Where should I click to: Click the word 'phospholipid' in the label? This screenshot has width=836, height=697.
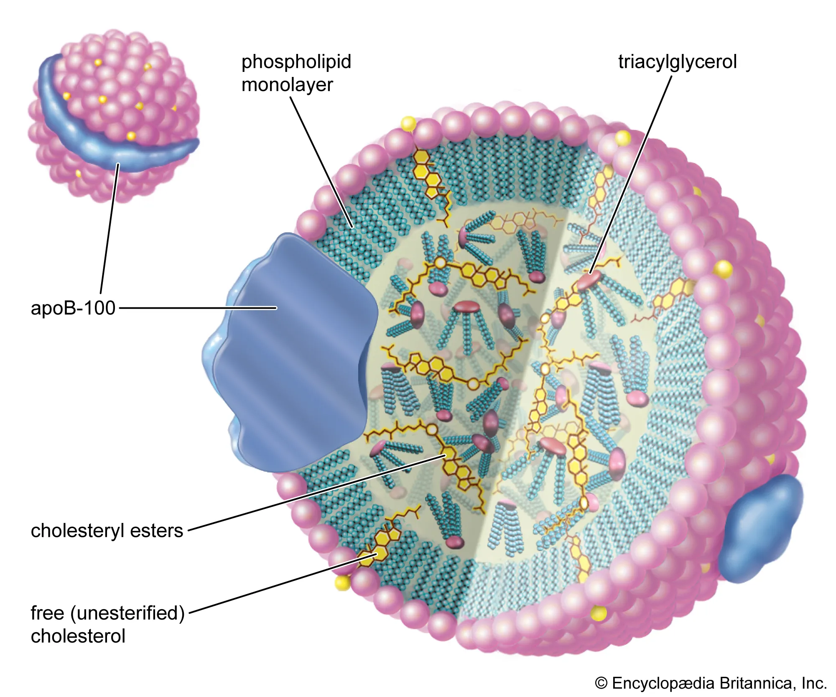coord(296,62)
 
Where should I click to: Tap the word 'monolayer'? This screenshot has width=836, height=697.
coord(287,85)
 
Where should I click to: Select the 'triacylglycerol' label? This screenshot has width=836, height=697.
coord(677,62)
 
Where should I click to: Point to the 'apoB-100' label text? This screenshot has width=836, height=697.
coord(73,308)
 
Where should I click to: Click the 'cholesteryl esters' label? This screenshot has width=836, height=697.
coord(107,531)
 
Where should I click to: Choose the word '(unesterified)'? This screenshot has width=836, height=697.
coord(127,613)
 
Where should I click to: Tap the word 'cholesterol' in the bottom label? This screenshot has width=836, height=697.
coord(78,636)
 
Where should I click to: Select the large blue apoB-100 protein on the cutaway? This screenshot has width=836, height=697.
coord(293,355)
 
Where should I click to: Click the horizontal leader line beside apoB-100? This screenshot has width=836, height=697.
coord(196,308)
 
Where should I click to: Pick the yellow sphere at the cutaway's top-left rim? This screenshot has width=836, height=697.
coord(408,123)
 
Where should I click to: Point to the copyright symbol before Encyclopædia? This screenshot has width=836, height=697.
coord(601,683)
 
